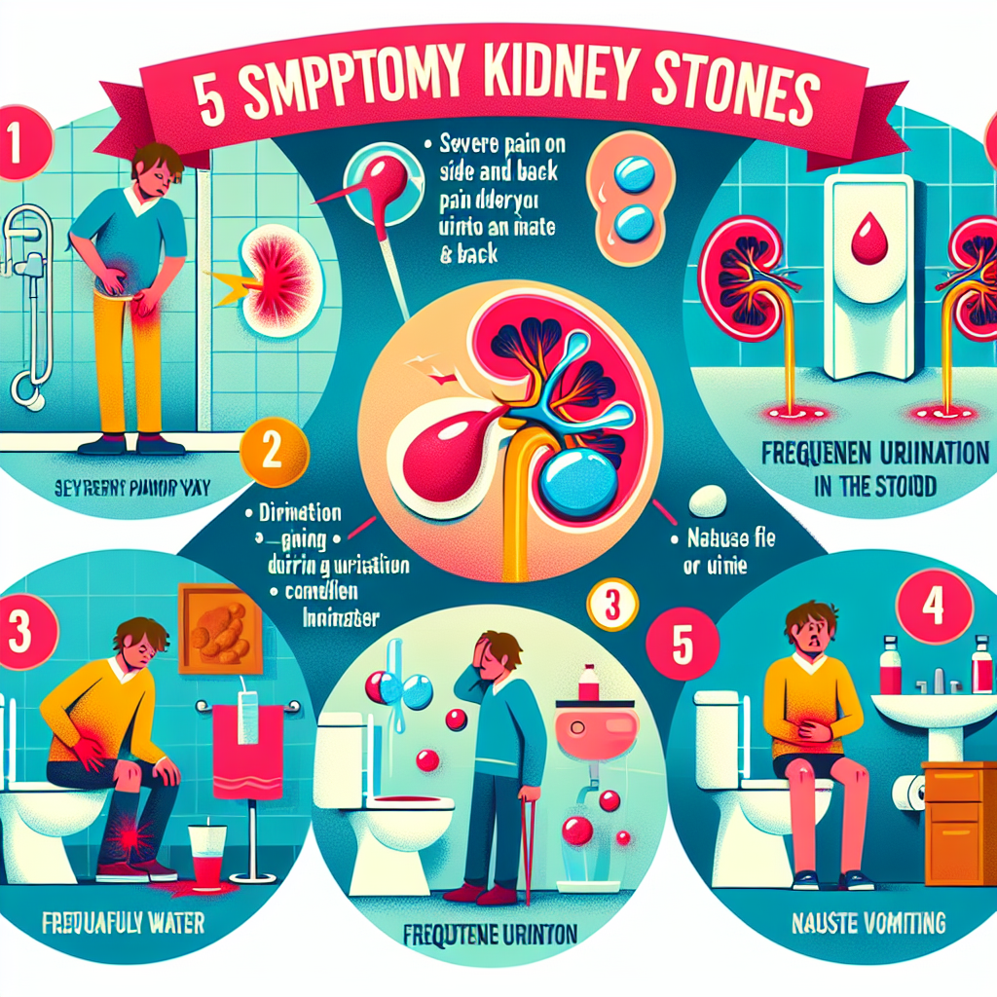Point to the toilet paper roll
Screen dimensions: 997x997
click(x=910, y=793)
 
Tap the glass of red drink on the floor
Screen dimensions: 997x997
click(x=207, y=857)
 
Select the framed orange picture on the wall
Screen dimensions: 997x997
click(x=220, y=632)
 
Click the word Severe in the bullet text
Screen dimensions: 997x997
click(x=471, y=144)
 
